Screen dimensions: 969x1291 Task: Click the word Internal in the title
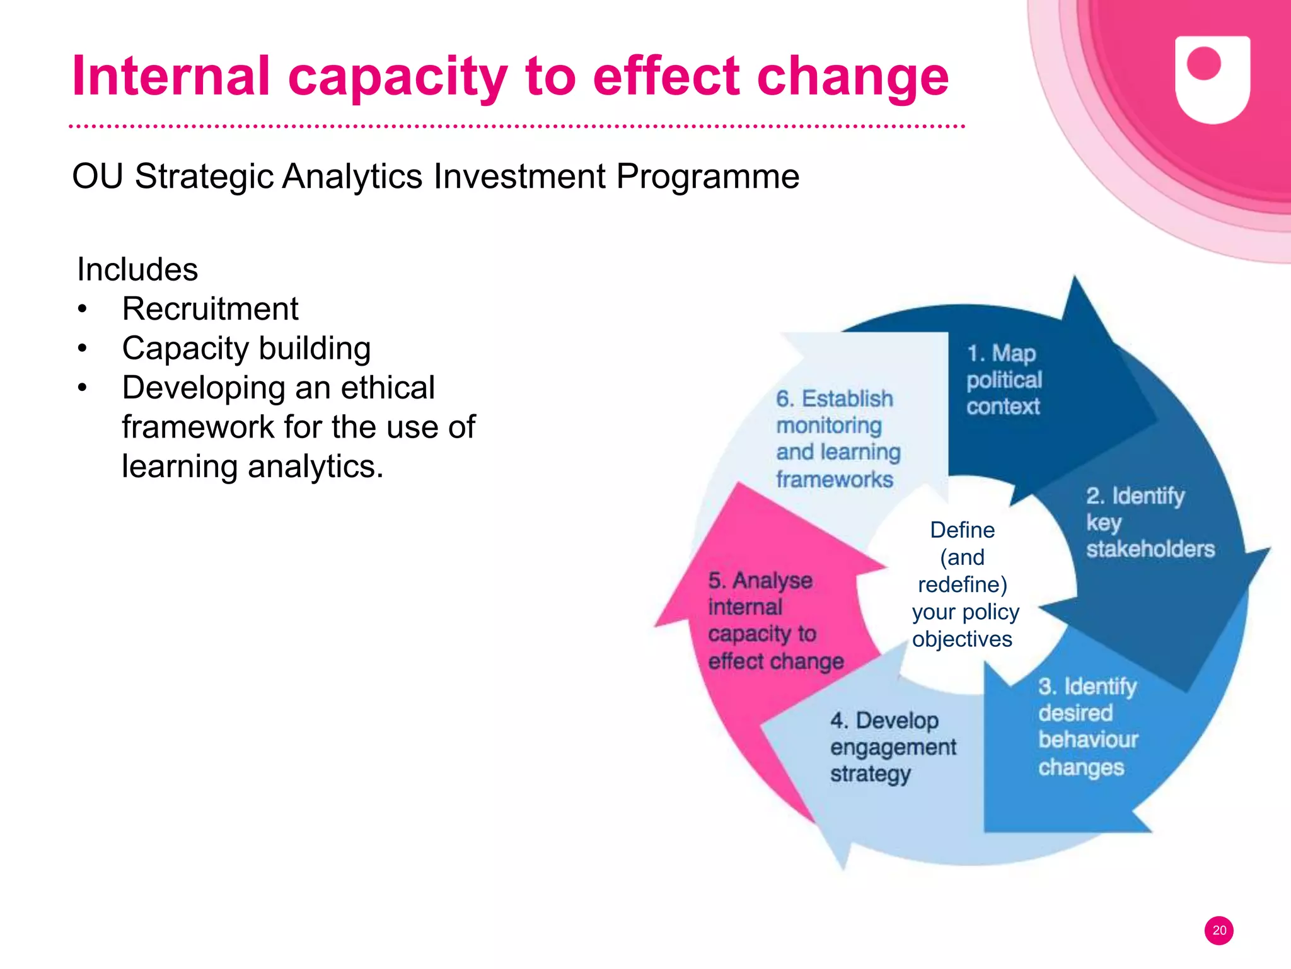[171, 76]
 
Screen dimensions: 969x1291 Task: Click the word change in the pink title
[852, 78]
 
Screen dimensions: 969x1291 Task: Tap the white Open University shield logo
[1212, 79]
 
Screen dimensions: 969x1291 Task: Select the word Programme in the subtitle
[707, 176]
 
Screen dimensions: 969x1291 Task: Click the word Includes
[137, 270]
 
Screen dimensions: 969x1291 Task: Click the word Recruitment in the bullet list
[210, 309]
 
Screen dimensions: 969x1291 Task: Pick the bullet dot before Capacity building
[82, 349]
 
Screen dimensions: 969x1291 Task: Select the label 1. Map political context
[1004, 380]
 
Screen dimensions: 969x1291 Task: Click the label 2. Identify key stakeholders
[1149, 523]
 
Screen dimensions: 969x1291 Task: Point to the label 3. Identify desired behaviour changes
[1087, 726]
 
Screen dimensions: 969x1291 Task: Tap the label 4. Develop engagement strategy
[892, 747]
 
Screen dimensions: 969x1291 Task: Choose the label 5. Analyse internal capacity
[775, 621]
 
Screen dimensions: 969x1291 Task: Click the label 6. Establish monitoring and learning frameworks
[837, 439]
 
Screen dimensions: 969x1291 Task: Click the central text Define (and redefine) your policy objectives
[963, 584]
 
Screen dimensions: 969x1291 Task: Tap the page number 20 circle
[1219, 931]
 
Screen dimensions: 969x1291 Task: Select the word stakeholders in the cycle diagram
[1150, 550]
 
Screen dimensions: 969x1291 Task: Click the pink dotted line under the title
[517, 127]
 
